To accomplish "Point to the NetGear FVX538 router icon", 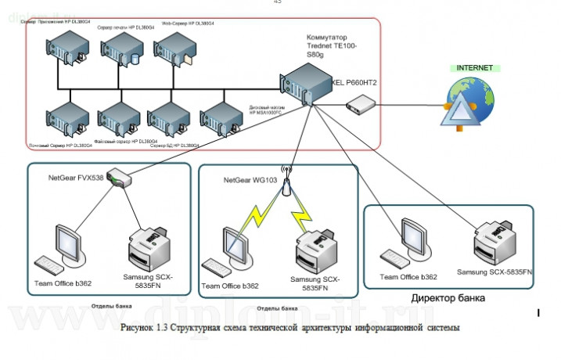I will (120, 178).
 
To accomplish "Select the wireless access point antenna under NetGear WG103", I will (286, 185).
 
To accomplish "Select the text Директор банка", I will (448, 298).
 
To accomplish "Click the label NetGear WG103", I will (249, 181).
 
